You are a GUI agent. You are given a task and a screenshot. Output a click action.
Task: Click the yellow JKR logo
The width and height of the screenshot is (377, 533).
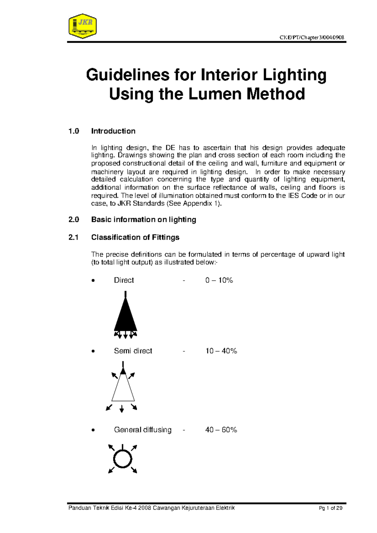point(82,26)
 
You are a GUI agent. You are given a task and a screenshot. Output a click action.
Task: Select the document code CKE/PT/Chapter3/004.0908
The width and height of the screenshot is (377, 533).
point(312,38)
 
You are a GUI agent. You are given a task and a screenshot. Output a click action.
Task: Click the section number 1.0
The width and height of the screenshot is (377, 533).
point(74,131)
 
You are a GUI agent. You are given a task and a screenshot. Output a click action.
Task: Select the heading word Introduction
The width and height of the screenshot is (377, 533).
point(113,131)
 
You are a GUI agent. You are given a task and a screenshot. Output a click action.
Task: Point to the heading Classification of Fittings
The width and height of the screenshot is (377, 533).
point(135,237)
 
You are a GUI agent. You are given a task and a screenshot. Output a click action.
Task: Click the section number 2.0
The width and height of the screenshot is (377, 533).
point(74,220)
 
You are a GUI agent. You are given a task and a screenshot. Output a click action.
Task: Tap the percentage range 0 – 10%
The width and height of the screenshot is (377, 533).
point(219,280)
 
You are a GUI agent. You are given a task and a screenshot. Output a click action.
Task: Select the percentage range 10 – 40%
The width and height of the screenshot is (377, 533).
point(221,351)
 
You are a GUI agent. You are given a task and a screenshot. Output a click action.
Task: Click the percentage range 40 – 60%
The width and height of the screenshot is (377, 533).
point(221,430)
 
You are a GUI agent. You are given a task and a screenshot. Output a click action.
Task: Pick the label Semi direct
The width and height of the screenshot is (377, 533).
point(133,351)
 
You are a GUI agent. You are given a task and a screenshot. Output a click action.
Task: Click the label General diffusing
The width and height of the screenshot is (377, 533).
point(143,430)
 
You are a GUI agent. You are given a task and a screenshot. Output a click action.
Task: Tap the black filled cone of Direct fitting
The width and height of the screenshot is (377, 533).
point(125,317)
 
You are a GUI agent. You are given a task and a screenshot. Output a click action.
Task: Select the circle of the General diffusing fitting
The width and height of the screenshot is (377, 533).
point(123,459)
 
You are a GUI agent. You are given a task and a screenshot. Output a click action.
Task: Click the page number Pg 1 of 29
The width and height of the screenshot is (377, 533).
point(331,508)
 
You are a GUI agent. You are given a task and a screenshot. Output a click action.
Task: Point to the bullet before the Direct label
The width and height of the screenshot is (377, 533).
point(93,281)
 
